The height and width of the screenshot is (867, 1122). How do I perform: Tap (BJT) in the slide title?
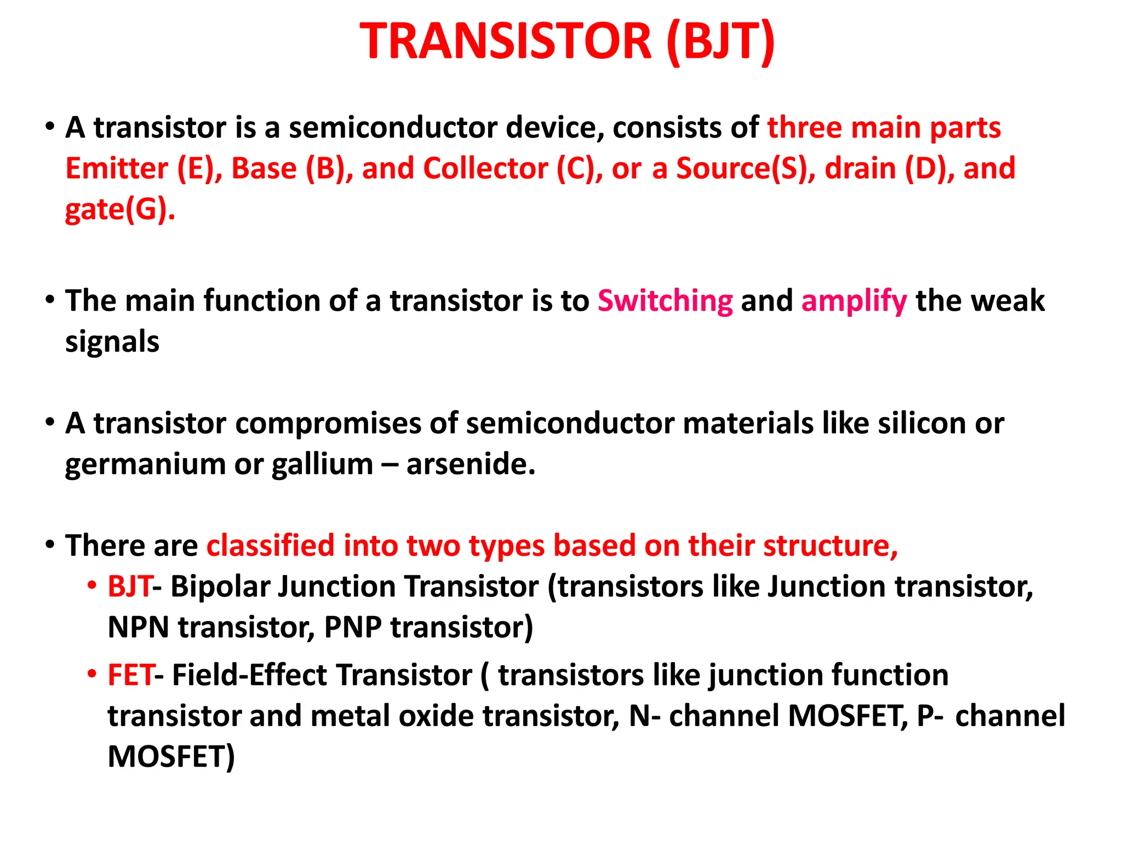(x=720, y=42)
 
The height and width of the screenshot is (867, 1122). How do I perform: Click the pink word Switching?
(x=665, y=301)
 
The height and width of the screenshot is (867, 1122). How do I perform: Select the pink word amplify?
(x=854, y=301)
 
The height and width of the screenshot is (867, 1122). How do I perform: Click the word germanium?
(x=145, y=464)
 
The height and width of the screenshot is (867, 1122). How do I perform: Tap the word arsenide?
(x=471, y=464)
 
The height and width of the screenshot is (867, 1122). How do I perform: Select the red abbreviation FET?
(x=130, y=675)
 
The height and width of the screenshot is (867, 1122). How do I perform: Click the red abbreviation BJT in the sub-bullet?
(x=129, y=586)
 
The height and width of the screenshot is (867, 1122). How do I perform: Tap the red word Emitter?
(x=117, y=168)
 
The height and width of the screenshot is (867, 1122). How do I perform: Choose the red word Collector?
(x=485, y=168)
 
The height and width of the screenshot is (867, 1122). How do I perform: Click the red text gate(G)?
(x=120, y=209)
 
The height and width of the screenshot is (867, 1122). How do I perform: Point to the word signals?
(x=112, y=341)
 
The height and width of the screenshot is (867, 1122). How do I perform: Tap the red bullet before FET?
(x=91, y=674)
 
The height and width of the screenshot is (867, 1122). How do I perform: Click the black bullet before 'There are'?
(x=50, y=545)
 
